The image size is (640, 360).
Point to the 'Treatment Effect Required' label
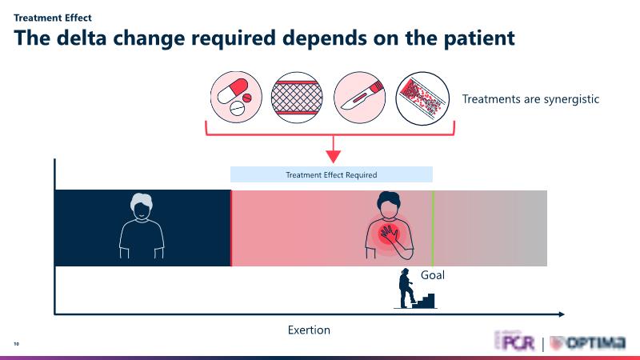pos(331,174)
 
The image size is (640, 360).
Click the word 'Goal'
pos(432,275)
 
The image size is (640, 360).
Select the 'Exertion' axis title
pos(309,330)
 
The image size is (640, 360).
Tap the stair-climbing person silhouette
pos(406,290)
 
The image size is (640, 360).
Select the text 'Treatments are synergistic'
pos(531,99)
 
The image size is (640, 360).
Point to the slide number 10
pos(16,344)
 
